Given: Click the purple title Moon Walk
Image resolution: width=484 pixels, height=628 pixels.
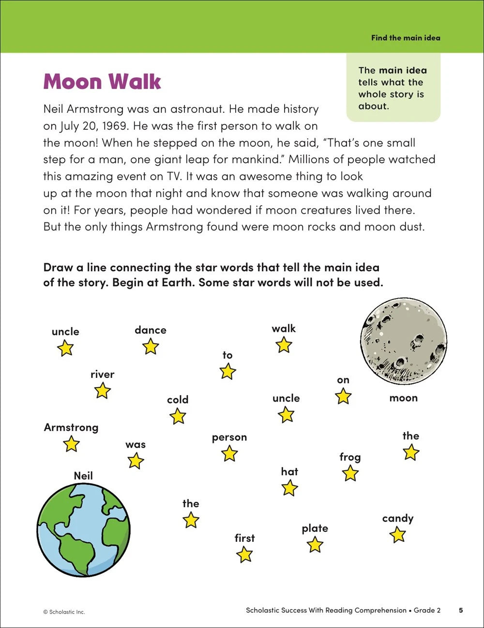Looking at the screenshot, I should pyautogui.click(x=102, y=81).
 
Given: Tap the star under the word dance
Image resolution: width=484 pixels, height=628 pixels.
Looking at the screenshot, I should pyautogui.click(x=151, y=346).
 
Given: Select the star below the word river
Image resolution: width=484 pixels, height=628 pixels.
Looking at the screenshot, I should pyautogui.click(x=102, y=390).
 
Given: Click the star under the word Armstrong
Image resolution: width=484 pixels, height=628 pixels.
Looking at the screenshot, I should pyautogui.click(x=71, y=444).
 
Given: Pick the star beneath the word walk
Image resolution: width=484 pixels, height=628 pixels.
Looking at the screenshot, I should pyautogui.click(x=284, y=345).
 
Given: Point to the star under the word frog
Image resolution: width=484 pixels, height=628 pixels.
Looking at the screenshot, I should pyautogui.click(x=350, y=473).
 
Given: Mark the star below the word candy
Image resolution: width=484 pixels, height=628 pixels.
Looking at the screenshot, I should pyautogui.click(x=397, y=535).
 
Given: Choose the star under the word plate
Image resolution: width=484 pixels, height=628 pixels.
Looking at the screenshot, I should pyautogui.click(x=315, y=545).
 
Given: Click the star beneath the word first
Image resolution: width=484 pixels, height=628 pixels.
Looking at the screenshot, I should pyautogui.click(x=244, y=554).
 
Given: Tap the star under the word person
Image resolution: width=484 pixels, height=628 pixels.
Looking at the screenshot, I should pyautogui.click(x=229, y=454).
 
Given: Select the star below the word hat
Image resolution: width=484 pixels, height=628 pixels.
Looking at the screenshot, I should pyautogui.click(x=289, y=488).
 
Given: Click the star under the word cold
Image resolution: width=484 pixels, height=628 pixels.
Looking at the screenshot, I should pyautogui.click(x=178, y=416).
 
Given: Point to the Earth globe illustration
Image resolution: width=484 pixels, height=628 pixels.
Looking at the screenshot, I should pyautogui.click(x=84, y=529).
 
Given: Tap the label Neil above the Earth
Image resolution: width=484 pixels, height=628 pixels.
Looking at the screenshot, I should pyautogui.click(x=83, y=476).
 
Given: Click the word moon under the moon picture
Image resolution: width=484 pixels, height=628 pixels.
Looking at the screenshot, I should pyautogui.click(x=403, y=398).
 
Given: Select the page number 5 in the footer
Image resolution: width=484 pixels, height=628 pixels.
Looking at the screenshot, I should pyautogui.click(x=461, y=610).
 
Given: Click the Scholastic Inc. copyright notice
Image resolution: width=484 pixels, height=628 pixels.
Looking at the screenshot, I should pyautogui.click(x=64, y=612).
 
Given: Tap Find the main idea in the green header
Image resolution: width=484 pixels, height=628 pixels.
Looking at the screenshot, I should pyautogui.click(x=406, y=38).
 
